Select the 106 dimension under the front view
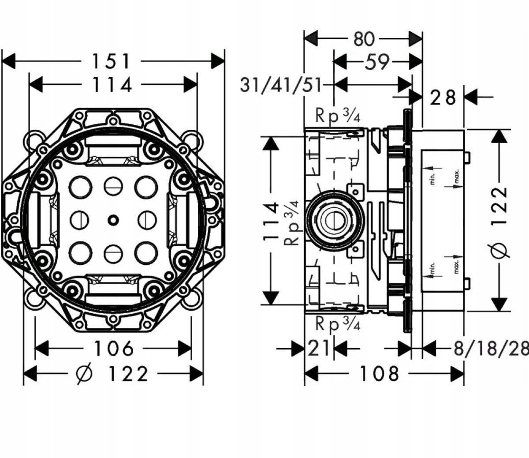point(113,349)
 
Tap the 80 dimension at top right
point(364,39)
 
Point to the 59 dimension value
point(377,62)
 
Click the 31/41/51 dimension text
point(281,85)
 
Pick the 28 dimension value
point(443,97)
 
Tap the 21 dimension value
point(318,349)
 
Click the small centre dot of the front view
point(113,218)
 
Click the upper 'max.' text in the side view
point(457,176)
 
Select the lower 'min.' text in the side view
point(432,268)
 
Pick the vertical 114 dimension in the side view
point(272,221)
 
